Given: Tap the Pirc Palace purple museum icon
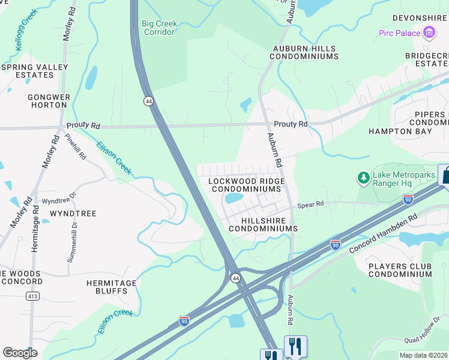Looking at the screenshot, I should point(429,32).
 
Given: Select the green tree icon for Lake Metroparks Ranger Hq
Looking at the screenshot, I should point(363,178).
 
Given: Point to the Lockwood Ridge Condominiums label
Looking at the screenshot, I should point(246,185).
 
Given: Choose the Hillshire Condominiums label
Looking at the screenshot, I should point(262,224).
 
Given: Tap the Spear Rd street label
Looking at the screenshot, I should point(312,204).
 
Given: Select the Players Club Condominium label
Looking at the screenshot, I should point(400,270).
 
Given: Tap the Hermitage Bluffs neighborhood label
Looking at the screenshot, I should point(111,287).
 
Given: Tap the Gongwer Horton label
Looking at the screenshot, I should point(49,101).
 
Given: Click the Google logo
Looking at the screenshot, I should point(20,352).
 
